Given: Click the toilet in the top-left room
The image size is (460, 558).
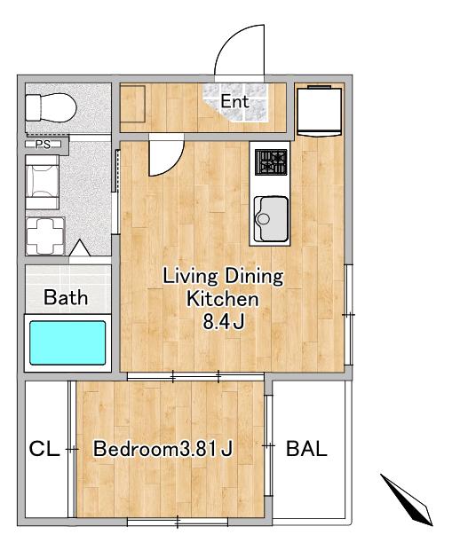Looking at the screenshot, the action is [x=51, y=108].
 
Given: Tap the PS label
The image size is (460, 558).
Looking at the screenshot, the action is [x=43, y=145].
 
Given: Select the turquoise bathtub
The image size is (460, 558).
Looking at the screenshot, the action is [x=67, y=342].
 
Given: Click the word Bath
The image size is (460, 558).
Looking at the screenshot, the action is [x=66, y=297].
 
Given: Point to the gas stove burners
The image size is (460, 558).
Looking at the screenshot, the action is [x=271, y=162].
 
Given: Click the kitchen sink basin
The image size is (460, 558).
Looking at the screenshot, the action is [x=271, y=219].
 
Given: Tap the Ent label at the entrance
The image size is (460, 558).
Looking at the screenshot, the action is [x=234, y=101].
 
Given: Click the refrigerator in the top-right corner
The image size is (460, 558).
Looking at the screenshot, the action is [x=320, y=110].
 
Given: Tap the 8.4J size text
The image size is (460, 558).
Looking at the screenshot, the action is [x=224, y=322].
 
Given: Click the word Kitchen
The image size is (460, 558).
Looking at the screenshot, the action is [x=223, y=299].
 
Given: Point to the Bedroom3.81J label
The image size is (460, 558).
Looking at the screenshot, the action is [x=163, y=449].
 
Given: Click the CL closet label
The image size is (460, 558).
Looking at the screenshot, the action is [x=44, y=449].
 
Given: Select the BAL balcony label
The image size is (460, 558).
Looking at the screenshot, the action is [x=306, y=448].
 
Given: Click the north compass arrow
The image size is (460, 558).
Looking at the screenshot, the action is [x=407, y=499].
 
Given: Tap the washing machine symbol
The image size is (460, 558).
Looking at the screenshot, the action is [x=45, y=236].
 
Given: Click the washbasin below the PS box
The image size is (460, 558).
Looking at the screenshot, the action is [x=42, y=182].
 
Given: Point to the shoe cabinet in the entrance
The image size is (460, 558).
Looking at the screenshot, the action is [x=132, y=104].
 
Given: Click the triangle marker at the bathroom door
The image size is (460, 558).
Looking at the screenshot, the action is [x=79, y=248].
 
